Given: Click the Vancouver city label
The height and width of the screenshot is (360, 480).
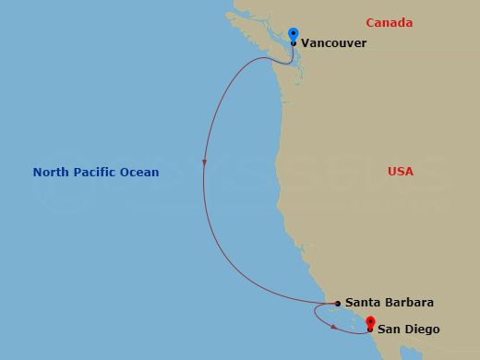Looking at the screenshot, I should point(333,43).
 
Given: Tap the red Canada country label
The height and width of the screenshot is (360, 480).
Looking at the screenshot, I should point(389,23).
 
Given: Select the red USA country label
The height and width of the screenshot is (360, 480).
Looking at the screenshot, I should point(401,172).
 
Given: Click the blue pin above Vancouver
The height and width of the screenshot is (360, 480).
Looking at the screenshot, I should point(294,33).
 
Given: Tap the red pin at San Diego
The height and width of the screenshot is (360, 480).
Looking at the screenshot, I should point(370,322).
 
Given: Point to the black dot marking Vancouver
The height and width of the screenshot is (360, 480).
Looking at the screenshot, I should point(294,43).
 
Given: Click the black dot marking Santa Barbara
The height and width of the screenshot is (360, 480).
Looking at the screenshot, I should point(338,303).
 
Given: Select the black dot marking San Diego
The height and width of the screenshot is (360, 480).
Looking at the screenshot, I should point(370,330).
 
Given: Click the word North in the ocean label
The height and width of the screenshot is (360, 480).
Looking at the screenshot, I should point(49,173).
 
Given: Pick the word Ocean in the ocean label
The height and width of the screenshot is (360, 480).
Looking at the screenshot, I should point(139,173).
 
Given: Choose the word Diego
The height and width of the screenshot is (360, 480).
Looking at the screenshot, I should point(421,330).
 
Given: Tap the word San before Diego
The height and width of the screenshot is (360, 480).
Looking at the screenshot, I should point(389,330).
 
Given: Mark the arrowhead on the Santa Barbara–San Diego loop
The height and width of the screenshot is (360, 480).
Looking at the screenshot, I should point(332,325).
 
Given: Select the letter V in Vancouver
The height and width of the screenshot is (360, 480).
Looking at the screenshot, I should point(306,43).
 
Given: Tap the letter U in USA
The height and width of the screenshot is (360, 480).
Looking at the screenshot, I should point(393,172).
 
